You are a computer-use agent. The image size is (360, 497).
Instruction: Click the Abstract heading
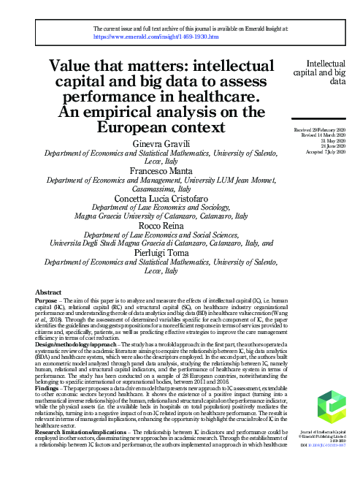coord(48,292)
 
